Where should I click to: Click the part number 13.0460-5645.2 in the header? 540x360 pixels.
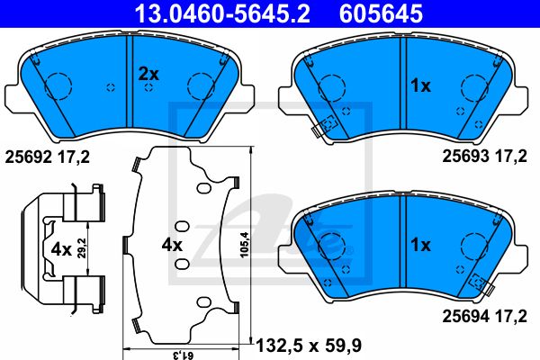tap(222, 13)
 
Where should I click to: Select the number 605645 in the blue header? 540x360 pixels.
tap(381, 13)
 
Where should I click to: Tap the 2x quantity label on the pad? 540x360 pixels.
tap(148, 74)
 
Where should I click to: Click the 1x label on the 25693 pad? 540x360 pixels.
tap(420, 85)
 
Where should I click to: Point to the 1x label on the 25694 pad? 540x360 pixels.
tap(420, 245)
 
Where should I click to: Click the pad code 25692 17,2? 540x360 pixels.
tap(47, 157)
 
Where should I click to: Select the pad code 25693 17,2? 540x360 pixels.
tap(484, 156)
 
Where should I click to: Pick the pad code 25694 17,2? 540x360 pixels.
tap(484, 316)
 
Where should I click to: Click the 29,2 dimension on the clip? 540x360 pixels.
tap(81, 247)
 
